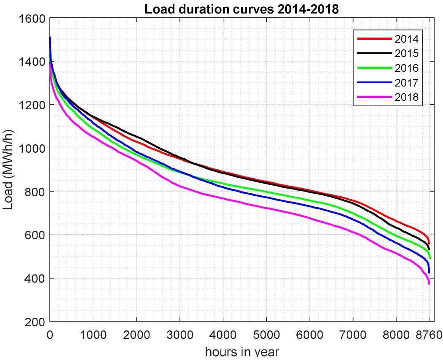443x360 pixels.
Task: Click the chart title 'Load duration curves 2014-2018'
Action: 242,9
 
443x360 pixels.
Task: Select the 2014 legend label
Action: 406,39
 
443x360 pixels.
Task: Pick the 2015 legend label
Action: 406,54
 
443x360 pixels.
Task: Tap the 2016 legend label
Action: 406,68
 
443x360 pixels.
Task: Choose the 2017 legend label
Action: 406,83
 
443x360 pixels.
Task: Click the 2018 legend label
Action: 406,97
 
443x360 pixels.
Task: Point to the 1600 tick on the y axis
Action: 33,19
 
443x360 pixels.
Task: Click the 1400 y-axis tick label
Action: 33,62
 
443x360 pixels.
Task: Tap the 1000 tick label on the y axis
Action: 33,149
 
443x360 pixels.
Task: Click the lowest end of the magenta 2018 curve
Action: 429,284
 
